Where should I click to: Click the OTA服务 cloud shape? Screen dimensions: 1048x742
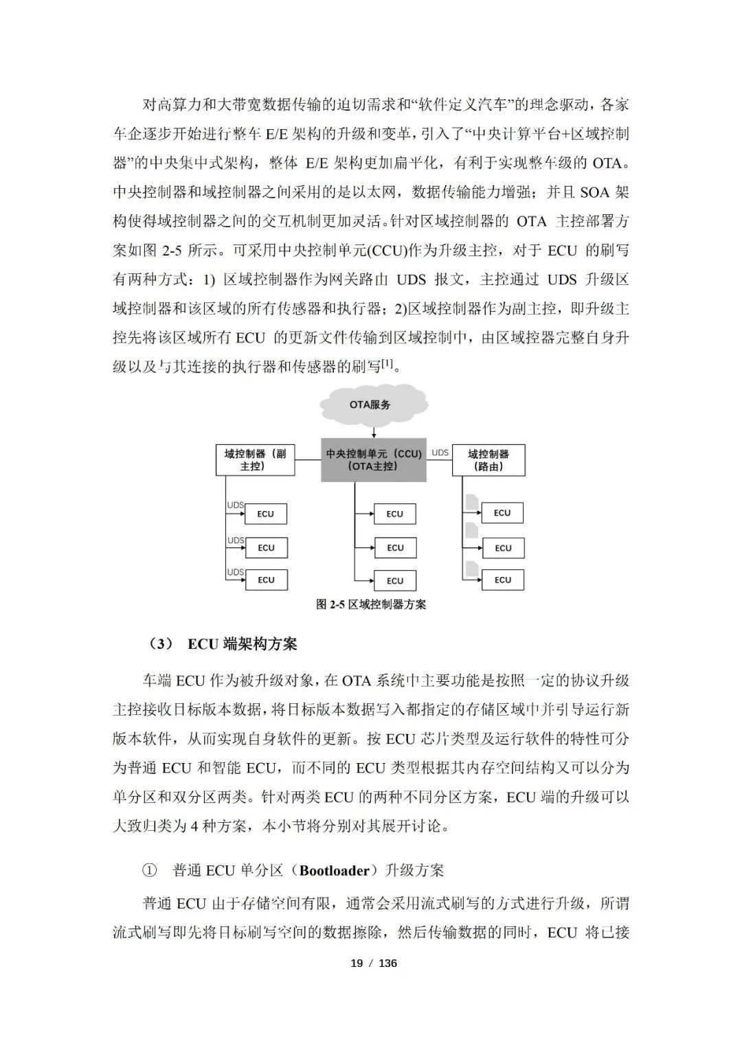point(370,405)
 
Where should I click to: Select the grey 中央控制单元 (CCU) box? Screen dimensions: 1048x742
point(373,460)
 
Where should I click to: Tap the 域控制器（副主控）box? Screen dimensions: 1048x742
point(255,460)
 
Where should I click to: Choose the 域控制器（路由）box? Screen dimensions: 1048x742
point(488,460)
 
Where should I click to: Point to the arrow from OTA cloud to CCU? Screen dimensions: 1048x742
point(373,432)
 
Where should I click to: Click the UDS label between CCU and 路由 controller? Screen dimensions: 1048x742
point(440,453)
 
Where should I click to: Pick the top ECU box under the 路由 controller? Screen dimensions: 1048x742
point(502,513)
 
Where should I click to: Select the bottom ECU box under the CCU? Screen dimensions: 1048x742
point(395,580)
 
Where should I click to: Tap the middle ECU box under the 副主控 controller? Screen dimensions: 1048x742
point(266,548)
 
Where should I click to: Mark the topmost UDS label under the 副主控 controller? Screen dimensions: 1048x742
point(236,505)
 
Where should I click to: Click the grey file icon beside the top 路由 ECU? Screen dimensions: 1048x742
point(472,502)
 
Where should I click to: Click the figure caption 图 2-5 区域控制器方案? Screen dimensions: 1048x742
point(371,604)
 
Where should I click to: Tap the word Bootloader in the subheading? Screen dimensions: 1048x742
point(335,871)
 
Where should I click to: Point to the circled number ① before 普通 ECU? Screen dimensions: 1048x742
point(149,871)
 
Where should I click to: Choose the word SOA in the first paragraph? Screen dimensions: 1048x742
point(595,192)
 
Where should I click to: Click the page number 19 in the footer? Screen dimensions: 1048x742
point(357,963)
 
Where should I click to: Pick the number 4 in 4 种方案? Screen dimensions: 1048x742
point(194,826)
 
